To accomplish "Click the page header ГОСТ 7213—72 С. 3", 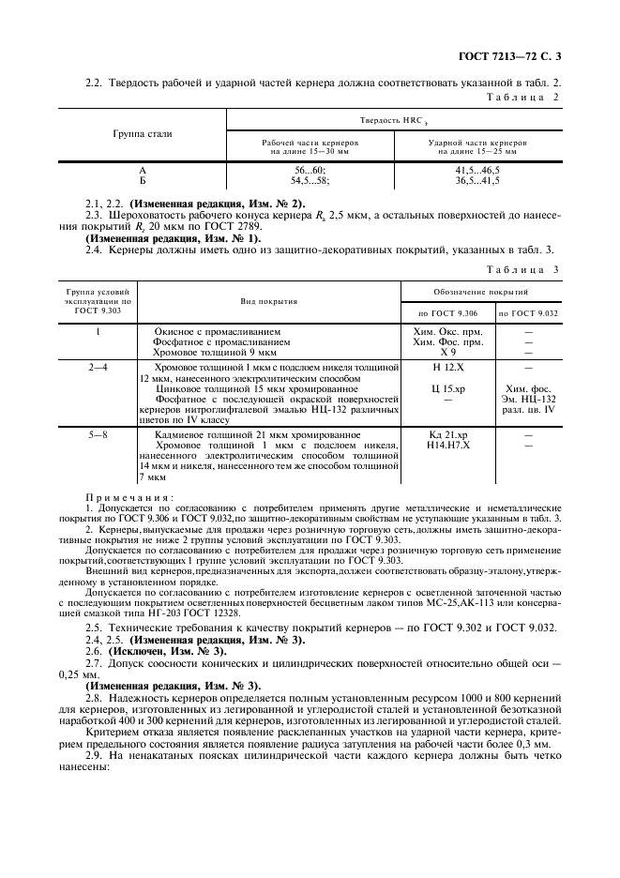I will (x=526, y=58).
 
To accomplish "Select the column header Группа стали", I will (x=142, y=134).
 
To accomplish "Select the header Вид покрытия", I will (x=268, y=302).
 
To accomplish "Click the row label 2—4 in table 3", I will (x=98, y=368).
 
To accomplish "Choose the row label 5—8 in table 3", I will (x=98, y=435).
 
